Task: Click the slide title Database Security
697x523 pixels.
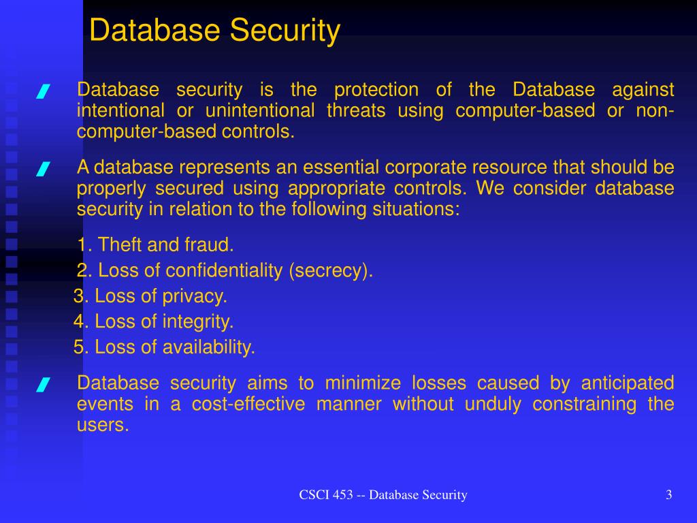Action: (x=214, y=31)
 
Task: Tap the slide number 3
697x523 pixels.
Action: (x=669, y=495)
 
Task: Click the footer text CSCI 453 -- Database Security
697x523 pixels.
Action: (x=383, y=495)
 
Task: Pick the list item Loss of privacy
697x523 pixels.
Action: (x=150, y=296)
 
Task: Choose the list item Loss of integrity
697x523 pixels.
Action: (x=154, y=321)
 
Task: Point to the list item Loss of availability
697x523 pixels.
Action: (x=165, y=347)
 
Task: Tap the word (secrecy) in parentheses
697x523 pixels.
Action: (x=331, y=270)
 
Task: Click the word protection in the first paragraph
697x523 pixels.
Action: (x=376, y=90)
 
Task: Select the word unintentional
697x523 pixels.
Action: (x=260, y=111)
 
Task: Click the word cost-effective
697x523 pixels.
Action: (x=248, y=405)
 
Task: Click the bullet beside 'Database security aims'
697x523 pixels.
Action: (x=43, y=385)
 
